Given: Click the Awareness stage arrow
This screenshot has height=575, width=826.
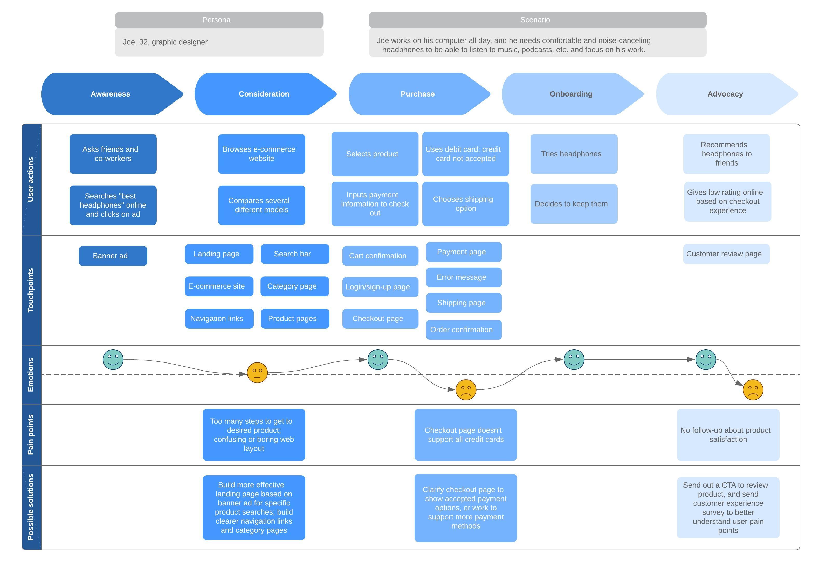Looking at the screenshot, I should pyautogui.click(x=111, y=94).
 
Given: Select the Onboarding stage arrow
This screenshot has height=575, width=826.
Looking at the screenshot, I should pyautogui.click(x=571, y=94).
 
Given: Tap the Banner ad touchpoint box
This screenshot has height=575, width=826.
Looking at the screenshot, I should pyautogui.click(x=113, y=256).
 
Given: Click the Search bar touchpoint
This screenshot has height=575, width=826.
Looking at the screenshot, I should pyautogui.click(x=295, y=254).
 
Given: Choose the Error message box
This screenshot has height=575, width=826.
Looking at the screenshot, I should pyautogui.click(x=464, y=277).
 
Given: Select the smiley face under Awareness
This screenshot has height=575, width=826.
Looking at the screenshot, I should pyautogui.click(x=113, y=359).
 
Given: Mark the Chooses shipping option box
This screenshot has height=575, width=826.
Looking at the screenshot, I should pyautogui.click(x=465, y=204).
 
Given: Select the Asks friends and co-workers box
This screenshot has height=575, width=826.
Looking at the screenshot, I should pyautogui.click(x=113, y=154).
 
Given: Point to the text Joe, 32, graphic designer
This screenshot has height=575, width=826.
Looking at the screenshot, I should pyautogui.click(x=165, y=42).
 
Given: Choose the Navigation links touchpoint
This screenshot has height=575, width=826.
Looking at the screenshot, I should pyautogui.click(x=219, y=319).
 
